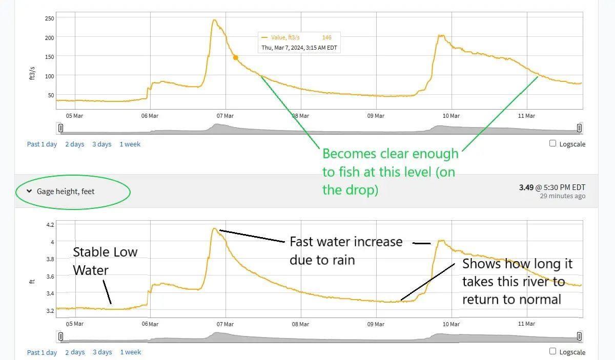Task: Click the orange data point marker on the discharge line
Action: click(x=235, y=57)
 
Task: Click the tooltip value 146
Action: click(x=326, y=37)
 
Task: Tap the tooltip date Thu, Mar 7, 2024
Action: click(x=300, y=48)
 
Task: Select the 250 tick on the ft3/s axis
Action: click(x=50, y=18)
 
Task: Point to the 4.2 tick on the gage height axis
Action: click(x=50, y=225)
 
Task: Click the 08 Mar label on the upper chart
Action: click(x=301, y=116)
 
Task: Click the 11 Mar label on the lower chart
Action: click(x=526, y=324)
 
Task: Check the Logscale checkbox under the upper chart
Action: click(x=552, y=143)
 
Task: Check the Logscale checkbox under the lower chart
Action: click(x=552, y=351)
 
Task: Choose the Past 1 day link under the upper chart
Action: click(x=42, y=144)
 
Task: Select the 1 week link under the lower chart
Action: click(x=130, y=352)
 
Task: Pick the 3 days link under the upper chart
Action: click(x=102, y=144)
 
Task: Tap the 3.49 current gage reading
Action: click(x=526, y=187)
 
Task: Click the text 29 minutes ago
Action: click(x=562, y=196)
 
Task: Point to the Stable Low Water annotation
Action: click(x=105, y=261)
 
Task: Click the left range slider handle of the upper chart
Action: click(x=60, y=128)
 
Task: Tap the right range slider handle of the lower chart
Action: click(x=579, y=336)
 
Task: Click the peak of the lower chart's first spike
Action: click(x=215, y=228)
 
